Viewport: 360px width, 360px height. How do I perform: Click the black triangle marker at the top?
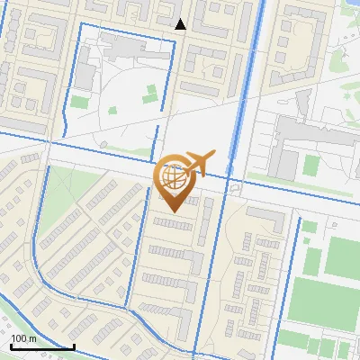click(181, 24)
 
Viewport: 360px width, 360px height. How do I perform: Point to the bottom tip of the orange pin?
click(172, 211)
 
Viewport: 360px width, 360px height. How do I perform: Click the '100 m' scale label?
click(22, 338)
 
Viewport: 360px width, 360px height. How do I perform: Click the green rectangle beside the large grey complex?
click(311, 165)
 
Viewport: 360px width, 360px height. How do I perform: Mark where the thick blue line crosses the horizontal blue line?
click(236, 180)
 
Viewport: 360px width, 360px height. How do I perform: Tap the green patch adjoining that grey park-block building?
click(80, 102)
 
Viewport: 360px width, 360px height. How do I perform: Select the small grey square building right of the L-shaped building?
click(306, 226)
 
